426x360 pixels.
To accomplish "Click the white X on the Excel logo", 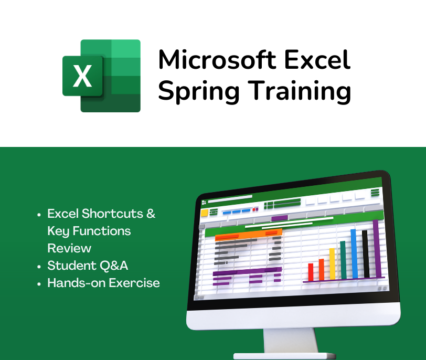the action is (x=82, y=76).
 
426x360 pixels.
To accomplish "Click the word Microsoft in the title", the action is (x=217, y=59).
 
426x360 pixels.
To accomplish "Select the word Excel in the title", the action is (x=317, y=59).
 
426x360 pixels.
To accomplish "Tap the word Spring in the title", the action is (x=199, y=91).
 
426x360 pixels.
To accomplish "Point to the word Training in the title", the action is (x=300, y=91).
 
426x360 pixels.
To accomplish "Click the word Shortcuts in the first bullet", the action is (x=112, y=214).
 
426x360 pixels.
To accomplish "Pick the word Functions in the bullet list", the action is (x=102, y=231).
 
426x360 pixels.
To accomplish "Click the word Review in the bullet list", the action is (x=69, y=248).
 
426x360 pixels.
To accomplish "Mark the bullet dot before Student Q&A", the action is (x=39, y=267).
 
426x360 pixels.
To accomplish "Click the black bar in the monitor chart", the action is (x=366, y=254).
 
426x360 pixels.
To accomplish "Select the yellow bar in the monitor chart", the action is (x=332, y=264).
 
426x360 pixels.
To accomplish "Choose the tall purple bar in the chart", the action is (x=377, y=249).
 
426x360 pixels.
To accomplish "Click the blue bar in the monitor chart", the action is (x=354, y=254).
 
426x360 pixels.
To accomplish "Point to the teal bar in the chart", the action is (x=343, y=260).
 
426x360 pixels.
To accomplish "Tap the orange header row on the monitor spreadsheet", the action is (x=248, y=234).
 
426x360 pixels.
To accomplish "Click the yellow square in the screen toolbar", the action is (x=204, y=213).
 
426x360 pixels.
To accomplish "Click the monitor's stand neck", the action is (x=291, y=341).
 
